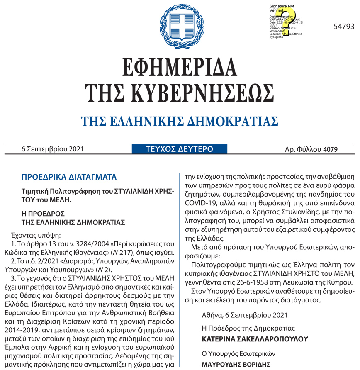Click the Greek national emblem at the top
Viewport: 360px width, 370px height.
click(x=180, y=25)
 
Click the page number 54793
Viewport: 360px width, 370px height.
click(x=344, y=27)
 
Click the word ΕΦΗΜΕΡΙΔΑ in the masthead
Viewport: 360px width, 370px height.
click(x=180, y=67)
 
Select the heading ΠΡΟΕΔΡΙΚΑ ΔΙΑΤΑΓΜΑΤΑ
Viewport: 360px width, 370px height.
click(x=69, y=177)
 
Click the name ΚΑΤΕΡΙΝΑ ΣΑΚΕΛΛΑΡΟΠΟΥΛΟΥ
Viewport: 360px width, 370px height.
click(x=255, y=339)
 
